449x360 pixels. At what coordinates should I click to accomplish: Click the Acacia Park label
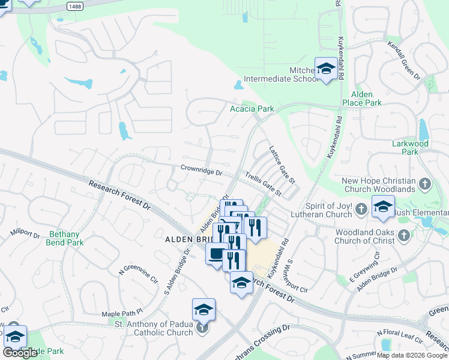tap(252, 109)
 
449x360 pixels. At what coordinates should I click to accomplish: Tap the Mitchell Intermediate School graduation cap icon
tap(326, 70)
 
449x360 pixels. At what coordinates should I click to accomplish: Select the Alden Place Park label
tap(362, 99)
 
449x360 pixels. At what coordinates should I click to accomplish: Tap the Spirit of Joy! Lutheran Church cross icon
tap(361, 209)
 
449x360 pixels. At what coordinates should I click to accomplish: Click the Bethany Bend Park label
tap(64, 238)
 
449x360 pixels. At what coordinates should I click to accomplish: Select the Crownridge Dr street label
tap(202, 170)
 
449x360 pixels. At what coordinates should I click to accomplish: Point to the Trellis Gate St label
tap(264, 184)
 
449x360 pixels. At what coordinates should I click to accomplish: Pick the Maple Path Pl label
tap(123, 313)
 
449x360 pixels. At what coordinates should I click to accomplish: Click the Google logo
tap(20, 353)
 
